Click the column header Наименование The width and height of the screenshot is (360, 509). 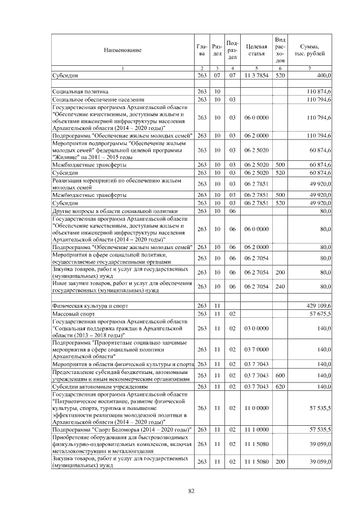pyautogui.click(x=122, y=50)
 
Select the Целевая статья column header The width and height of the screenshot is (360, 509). pyautogui.click(x=255, y=50)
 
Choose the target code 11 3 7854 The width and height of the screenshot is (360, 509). pyautogui.click(x=255, y=75)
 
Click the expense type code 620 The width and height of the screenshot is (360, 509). pyautogui.click(x=281, y=387)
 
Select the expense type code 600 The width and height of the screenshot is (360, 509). pyautogui.click(x=281, y=375)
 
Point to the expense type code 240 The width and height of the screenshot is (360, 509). pyautogui.click(x=281, y=286)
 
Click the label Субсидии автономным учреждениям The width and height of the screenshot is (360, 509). pyautogui.click(x=99, y=387)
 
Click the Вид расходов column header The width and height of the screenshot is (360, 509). pyautogui.click(x=281, y=50)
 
